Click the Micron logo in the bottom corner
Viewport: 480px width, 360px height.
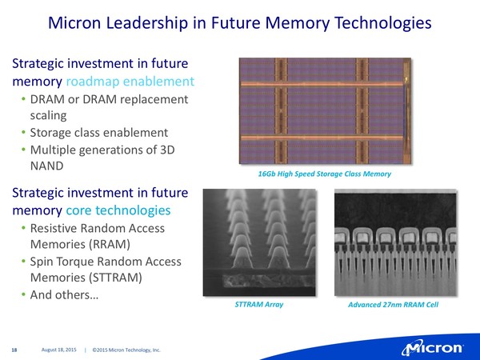432,349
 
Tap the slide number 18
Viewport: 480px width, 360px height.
14,350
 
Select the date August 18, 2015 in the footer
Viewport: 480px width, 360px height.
58,350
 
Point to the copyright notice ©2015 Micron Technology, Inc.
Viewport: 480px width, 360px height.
126,350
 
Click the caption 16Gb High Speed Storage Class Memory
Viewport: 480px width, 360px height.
325,174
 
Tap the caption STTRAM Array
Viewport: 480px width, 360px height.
259,304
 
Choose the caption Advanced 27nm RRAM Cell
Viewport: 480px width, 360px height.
393,305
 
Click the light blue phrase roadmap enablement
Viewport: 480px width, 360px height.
130,82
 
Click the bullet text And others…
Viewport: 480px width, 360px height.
64,294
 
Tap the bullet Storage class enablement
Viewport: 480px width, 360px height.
99,133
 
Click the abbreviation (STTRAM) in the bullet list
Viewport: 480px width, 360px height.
115,278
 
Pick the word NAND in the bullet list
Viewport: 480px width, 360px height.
47,166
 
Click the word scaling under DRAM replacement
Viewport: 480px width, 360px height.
48,116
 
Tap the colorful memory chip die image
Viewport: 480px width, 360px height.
325,111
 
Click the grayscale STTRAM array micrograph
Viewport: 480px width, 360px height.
259,242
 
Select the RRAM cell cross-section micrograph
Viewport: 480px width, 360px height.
395,242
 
